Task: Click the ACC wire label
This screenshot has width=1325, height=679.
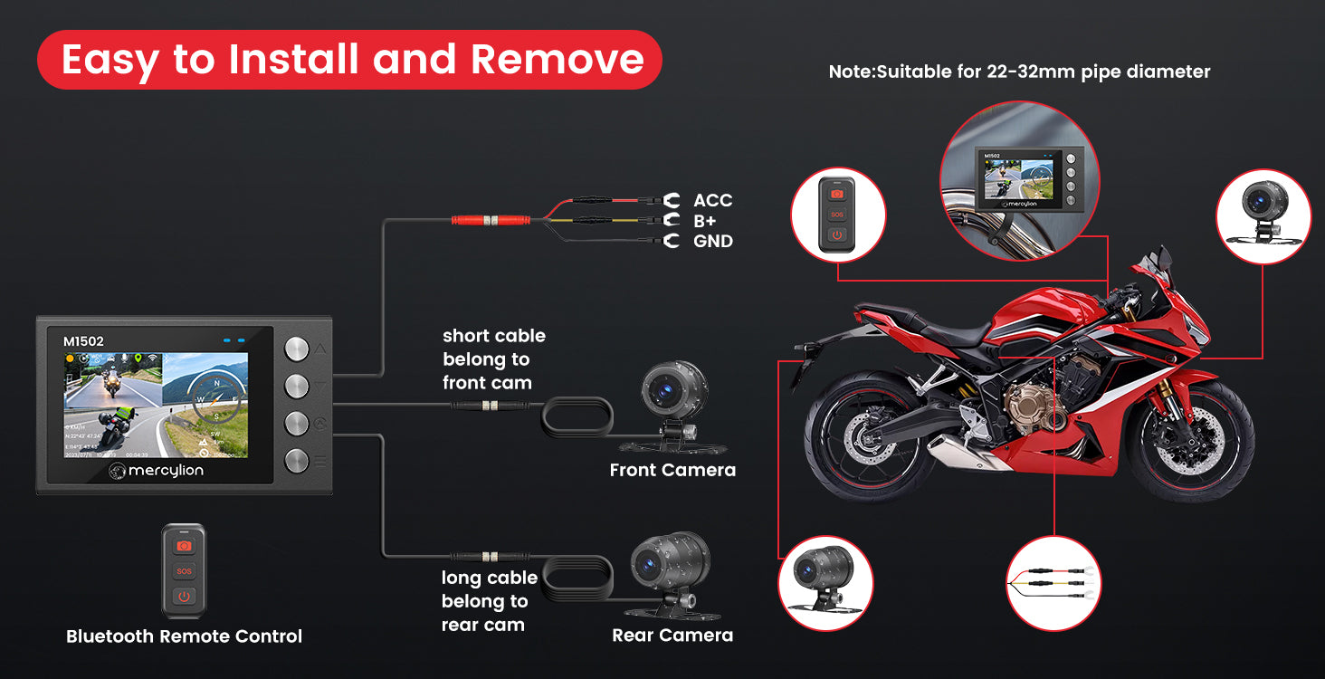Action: tap(712, 201)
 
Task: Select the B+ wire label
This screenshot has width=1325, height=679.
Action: tap(706, 221)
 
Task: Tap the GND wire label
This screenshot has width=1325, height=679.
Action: tap(712, 242)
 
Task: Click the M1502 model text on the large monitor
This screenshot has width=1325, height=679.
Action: tap(83, 341)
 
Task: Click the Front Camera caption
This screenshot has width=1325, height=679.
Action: tap(672, 470)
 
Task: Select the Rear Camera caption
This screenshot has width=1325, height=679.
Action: tap(672, 636)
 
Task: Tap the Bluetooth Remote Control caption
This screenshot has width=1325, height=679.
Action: tap(184, 636)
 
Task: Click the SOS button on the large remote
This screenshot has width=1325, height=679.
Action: tap(184, 571)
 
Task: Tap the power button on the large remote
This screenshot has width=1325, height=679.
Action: tap(184, 597)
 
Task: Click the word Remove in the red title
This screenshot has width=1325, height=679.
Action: tap(557, 60)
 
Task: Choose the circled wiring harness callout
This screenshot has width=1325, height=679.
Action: tap(1053, 583)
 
